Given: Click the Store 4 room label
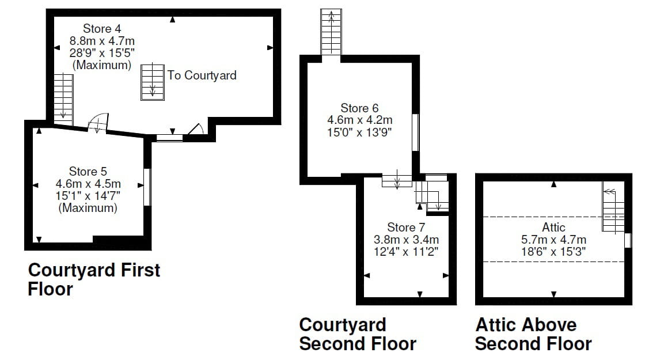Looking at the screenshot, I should tap(102, 28).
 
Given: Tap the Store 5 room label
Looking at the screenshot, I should tap(88, 172).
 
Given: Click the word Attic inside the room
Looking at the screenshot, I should tap(553, 227).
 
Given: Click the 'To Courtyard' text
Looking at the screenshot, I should tap(202, 75).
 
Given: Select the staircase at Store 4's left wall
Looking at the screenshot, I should tap(63, 99).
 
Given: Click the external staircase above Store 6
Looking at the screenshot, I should tap(331, 32).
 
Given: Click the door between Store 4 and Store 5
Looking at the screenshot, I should tap(98, 123).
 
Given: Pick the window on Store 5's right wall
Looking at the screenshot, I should tap(147, 187).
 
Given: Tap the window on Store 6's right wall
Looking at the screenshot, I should tap(415, 133).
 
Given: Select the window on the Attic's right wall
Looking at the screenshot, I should tap(628, 241).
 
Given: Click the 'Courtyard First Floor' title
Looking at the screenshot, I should tap(94, 279).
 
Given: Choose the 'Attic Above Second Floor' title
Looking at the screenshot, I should tap(533, 334).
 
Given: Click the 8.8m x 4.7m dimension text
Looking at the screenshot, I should tap(102, 41).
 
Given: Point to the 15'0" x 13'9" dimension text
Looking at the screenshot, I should tap(359, 132).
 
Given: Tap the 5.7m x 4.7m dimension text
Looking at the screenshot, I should tap(553, 240).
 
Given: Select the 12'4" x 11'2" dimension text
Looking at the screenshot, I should tap(406, 251).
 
